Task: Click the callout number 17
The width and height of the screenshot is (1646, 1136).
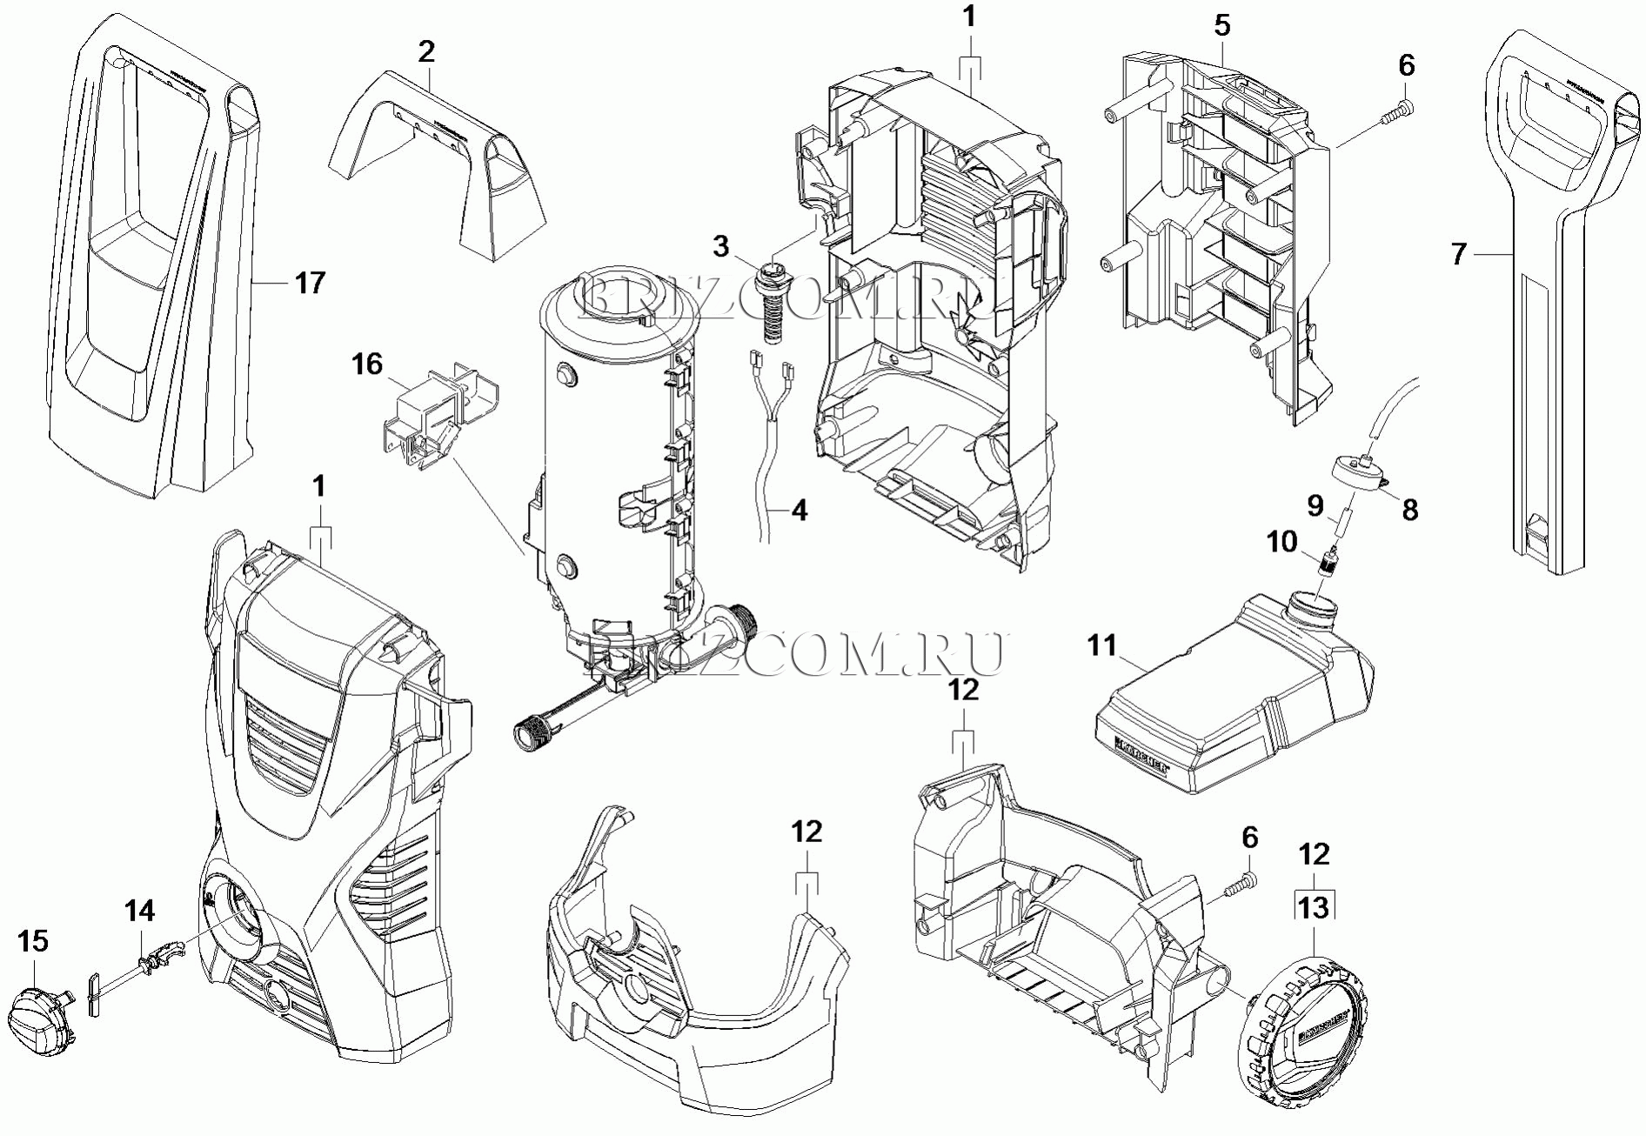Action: pos(310,283)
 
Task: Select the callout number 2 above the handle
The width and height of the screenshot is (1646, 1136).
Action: pos(425,52)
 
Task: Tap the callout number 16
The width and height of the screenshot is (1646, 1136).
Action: pos(367,364)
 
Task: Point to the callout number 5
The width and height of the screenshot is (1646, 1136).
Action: pos(1222,26)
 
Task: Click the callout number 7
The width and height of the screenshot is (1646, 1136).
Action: pos(1459,254)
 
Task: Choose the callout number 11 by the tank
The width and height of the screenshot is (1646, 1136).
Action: pos(1102,646)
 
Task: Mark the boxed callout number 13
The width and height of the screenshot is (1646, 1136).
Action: pos(1314,907)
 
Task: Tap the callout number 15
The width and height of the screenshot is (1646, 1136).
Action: pos(33,941)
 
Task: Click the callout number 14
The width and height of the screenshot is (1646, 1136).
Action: pos(139,911)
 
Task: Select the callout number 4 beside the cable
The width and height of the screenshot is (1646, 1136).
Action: pos(799,510)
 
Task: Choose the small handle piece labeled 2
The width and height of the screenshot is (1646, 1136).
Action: pos(435,161)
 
